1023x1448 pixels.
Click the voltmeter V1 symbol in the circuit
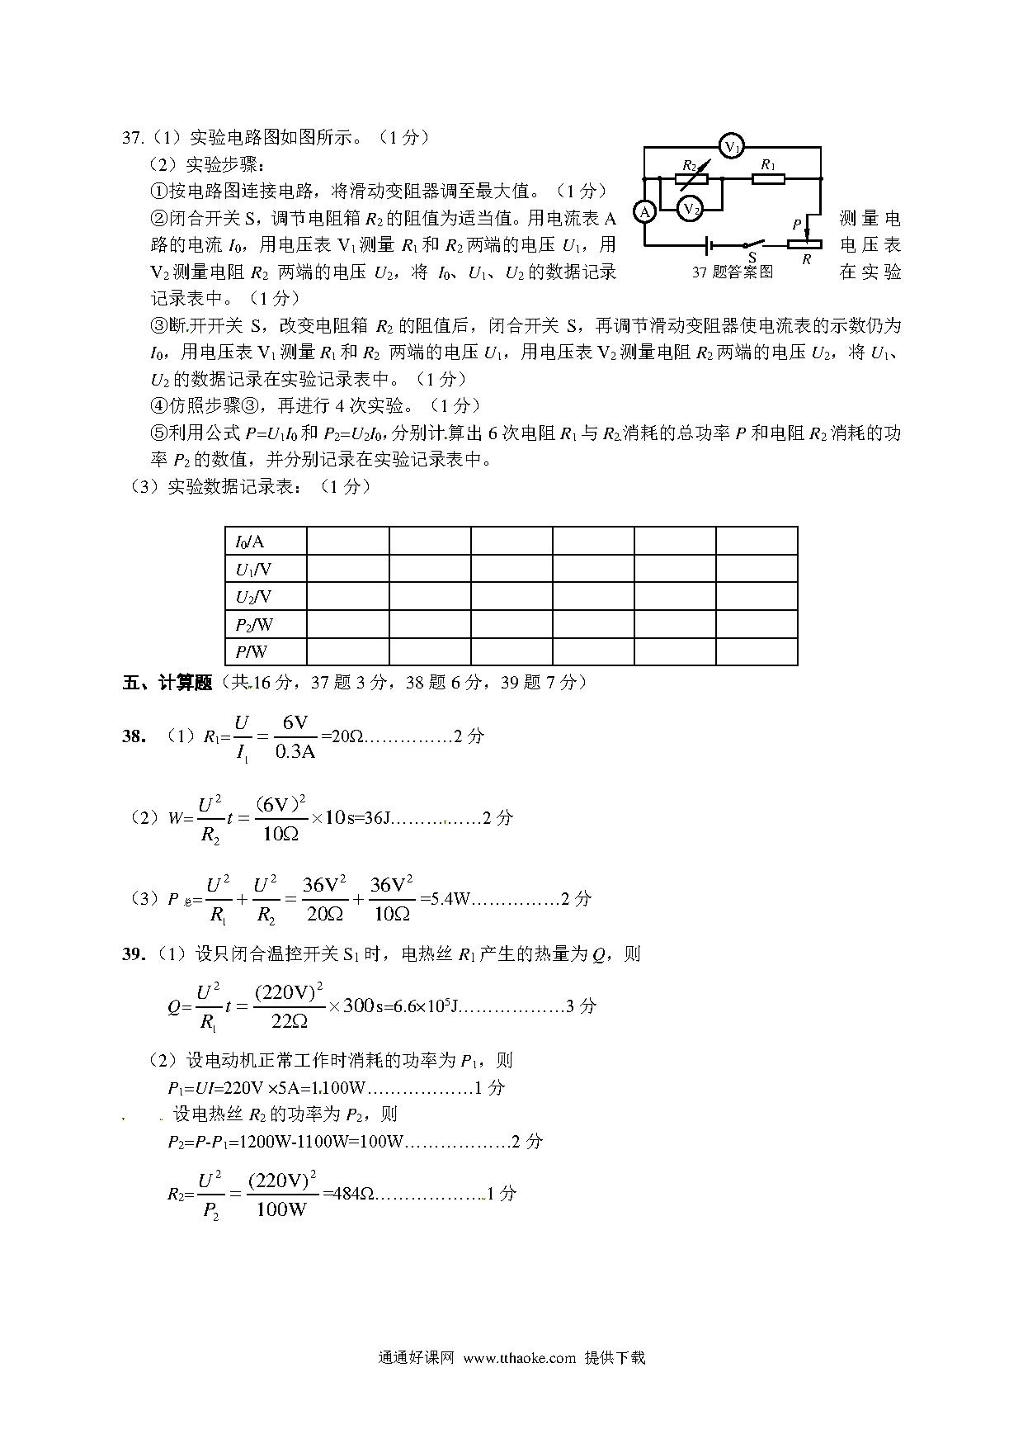[731, 147]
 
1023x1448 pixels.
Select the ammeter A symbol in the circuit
[645, 212]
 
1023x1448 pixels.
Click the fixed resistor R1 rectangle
[769, 177]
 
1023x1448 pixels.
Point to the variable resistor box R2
[691, 177]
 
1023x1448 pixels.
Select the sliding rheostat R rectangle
[804, 244]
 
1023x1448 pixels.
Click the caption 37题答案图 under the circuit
[733, 272]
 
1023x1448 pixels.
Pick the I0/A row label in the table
[250, 542]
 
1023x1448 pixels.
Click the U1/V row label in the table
[253, 569]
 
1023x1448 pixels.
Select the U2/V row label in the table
[253, 596]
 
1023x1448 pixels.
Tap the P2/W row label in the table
[254, 624]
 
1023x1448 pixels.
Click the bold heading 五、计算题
[167, 683]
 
